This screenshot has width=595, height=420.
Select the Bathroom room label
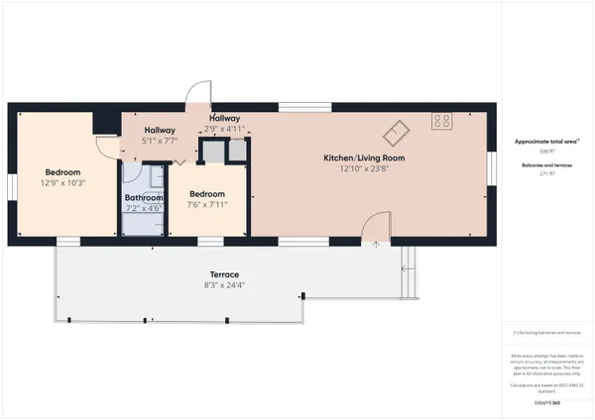tap(144, 197)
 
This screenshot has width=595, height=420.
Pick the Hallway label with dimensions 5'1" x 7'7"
tap(160, 131)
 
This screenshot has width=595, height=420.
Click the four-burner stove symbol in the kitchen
tap(442, 122)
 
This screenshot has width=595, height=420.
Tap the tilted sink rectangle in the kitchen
tap(397, 130)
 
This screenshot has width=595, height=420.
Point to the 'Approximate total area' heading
tap(546, 142)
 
